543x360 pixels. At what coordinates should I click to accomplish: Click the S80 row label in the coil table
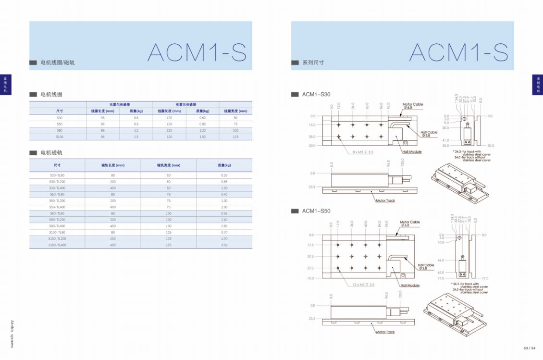click(x=60, y=130)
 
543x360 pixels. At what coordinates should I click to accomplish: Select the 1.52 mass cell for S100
click(x=202, y=137)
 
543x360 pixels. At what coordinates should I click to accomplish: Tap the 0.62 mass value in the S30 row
click(x=202, y=118)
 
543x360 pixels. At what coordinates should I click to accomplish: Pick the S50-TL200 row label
click(x=57, y=200)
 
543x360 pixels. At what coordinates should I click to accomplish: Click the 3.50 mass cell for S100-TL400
click(x=224, y=245)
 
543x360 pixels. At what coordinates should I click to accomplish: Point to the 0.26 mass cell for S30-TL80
click(x=224, y=175)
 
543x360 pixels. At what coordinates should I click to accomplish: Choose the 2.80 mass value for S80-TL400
click(x=224, y=226)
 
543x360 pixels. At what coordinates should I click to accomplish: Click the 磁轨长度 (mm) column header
click(x=113, y=165)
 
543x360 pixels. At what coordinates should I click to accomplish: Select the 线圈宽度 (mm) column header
click(x=235, y=111)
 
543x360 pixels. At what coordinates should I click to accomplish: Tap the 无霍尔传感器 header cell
click(x=120, y=104)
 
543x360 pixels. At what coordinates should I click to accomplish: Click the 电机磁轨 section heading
click(x=51, y=153)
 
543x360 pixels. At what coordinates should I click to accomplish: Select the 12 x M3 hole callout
click(x=363, y=285)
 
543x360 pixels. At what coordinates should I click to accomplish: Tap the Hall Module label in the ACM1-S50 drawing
click(x=410, y=286)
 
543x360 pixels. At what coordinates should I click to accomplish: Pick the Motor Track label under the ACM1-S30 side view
click(x=385, y=200)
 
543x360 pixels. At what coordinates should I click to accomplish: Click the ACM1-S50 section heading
click(x=316, y=211)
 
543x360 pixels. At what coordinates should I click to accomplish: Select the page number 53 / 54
click(x=530, y=348)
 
